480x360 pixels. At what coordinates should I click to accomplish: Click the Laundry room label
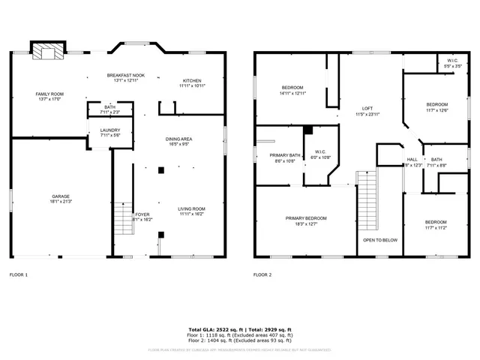tap(110, 133)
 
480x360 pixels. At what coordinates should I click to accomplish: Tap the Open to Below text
tap(380, 240)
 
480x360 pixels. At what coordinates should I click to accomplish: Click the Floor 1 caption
tap(18, 275)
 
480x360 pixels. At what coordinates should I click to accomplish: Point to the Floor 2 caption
tap(262, 275)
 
